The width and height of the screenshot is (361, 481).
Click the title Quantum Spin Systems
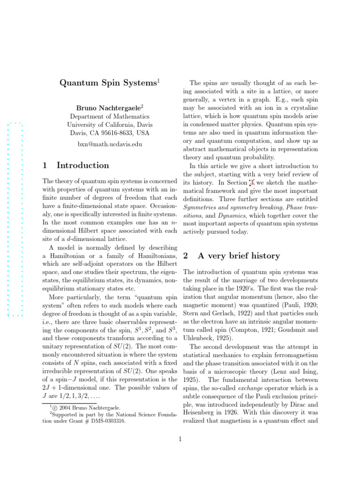109,83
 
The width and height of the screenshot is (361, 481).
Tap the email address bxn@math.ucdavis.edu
110,144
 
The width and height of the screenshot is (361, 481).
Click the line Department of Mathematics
110,116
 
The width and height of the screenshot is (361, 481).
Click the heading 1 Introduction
76,165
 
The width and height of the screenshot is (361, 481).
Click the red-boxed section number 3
252,183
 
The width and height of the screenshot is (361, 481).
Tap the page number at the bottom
180,440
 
